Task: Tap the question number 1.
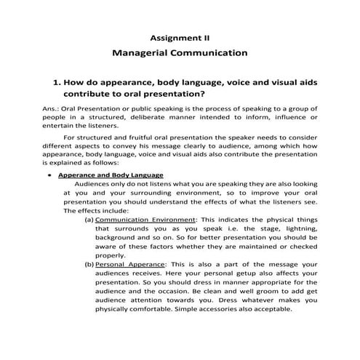pos(55,82)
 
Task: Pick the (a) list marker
pos(89,218)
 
